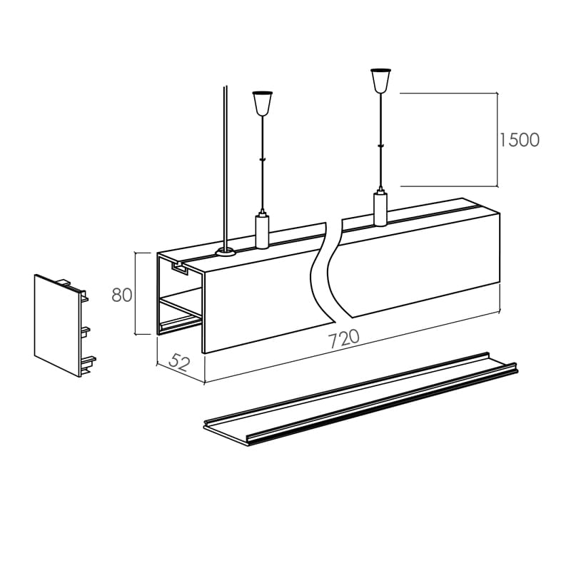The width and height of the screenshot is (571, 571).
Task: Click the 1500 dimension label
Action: [x=519, y=140]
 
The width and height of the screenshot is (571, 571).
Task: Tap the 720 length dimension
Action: [x=343, y=338]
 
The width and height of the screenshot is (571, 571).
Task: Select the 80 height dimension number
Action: [x=122, y=295]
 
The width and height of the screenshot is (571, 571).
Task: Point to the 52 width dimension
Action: [x=180, y=362]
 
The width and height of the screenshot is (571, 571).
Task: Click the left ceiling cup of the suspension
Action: [x=263, y=103]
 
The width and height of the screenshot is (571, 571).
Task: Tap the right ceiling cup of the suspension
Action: [x=380, y=81]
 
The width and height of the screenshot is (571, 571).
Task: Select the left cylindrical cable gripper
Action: [x=262, y=230]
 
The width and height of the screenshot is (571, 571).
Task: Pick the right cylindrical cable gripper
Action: [x=380, y=207]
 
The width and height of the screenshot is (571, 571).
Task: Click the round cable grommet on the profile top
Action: [x=225, y=251]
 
